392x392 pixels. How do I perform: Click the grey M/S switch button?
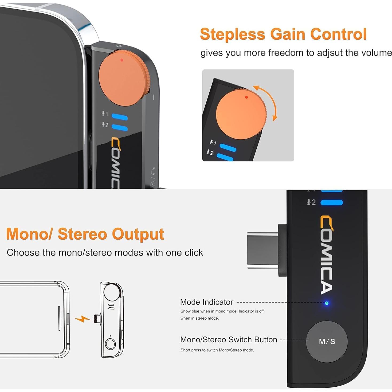tap(327, 342)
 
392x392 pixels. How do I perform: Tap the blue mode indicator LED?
tap(327, 303)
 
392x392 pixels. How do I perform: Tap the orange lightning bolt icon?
tap(82, 319)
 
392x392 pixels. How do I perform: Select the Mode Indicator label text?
tap(206, 302)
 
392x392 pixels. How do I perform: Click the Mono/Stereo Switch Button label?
tap(229, 340)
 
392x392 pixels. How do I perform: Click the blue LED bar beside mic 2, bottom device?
tap(331, 202)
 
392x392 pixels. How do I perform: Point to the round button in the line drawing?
tap(110, 344)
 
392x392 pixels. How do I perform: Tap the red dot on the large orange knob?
tap(122, 60)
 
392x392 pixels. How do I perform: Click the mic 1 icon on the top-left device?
tap(105, 114)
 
